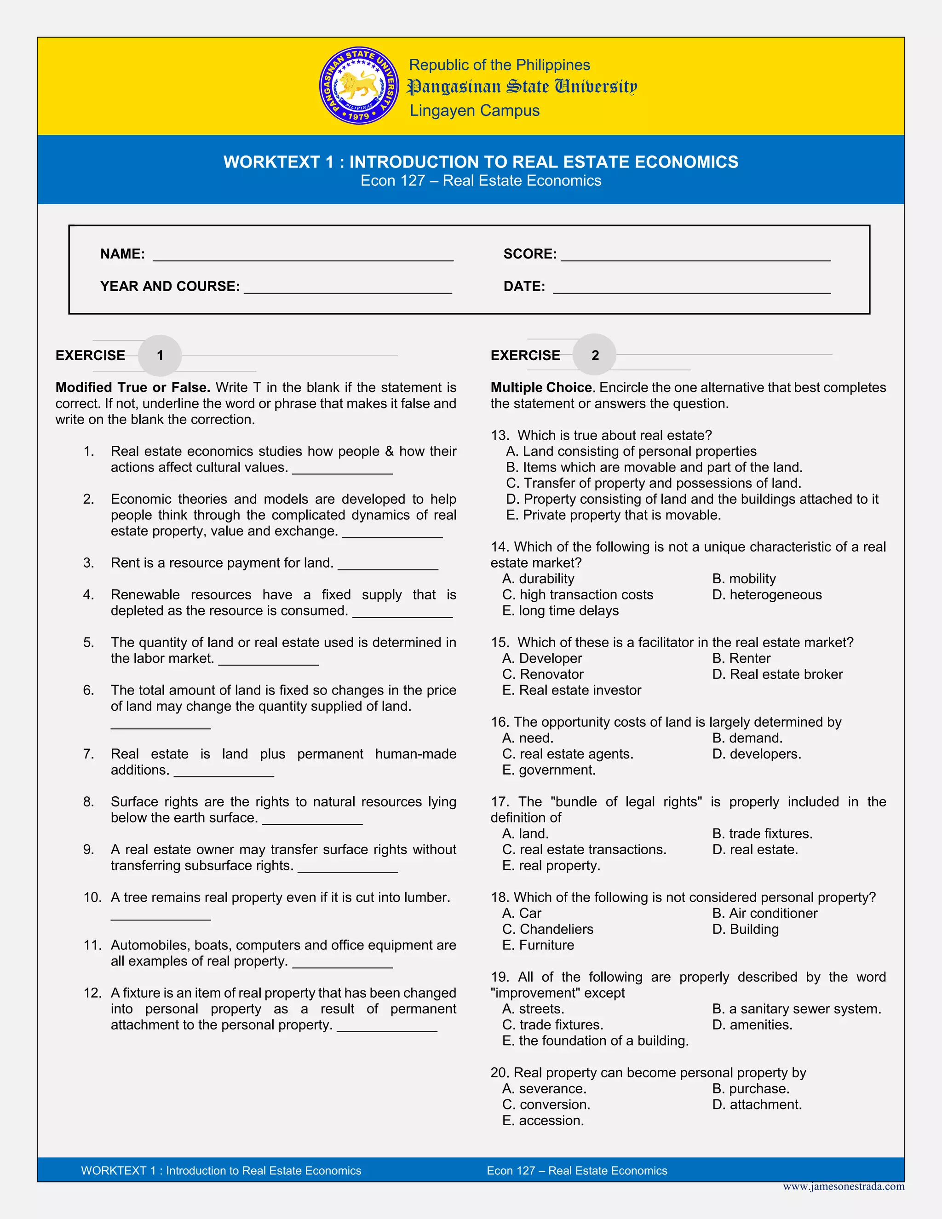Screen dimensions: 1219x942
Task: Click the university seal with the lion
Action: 359,86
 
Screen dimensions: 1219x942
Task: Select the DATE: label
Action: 524,286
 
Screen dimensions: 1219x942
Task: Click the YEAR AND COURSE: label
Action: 170,286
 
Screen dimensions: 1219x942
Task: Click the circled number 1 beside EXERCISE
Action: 160,356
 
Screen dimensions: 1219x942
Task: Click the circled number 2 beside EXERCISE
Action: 595,355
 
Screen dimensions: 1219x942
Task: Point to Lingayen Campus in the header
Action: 474,110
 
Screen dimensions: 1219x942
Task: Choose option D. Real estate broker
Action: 777,674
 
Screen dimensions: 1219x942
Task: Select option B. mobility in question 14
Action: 743,579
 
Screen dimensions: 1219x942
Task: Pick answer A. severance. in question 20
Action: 544,1088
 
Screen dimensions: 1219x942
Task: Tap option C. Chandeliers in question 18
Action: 547,929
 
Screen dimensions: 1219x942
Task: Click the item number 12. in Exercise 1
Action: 92,993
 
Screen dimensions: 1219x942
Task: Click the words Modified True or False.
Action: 133,387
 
